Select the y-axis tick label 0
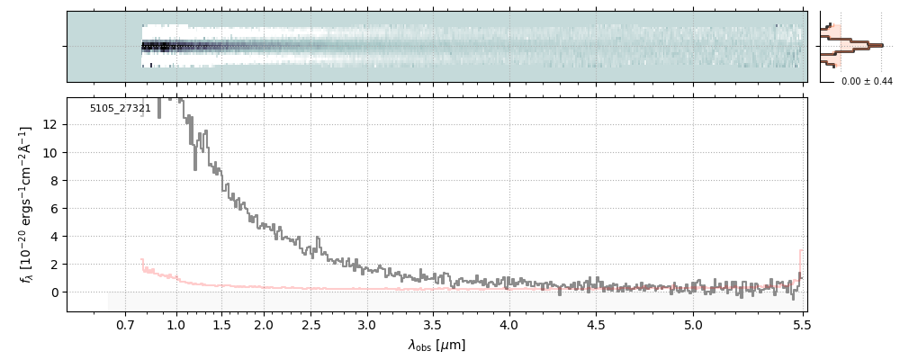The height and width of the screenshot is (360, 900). click(x=56, y=292)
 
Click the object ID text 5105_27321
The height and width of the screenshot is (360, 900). click(x=121, y=108)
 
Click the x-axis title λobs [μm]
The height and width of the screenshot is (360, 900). click(x=436, y=345)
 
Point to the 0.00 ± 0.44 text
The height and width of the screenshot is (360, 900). click(x=866, y=82)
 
